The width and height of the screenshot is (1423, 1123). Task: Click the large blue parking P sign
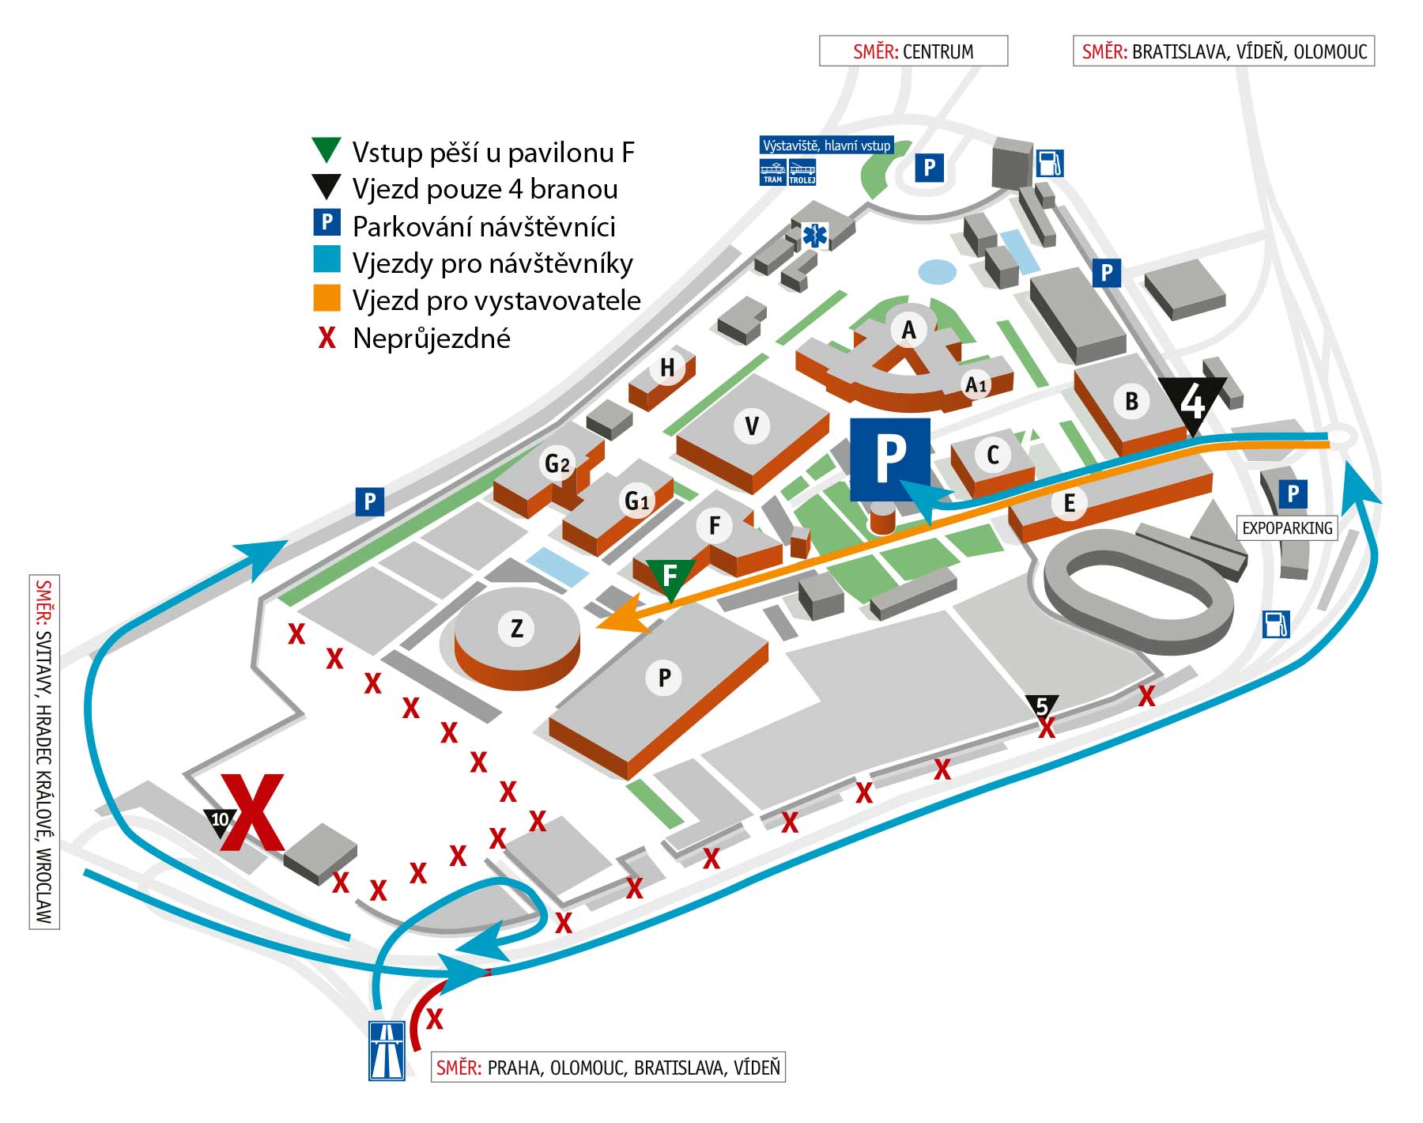(890, 459)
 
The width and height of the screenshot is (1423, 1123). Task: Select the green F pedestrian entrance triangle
(670, 577)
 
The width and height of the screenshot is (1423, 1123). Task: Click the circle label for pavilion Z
(516, 629)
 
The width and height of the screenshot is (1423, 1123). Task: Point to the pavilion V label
(752, 426)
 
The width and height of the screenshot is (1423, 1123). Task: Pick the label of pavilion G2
(557, 463)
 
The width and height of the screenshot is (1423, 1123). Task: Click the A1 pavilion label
(977, 385)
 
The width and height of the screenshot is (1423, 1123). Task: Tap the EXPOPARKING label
(1287, 528)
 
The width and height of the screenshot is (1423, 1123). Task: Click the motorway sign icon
(387, 1051)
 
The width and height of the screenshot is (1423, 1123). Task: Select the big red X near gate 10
(251, 812)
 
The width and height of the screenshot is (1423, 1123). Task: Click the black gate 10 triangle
(220, 822)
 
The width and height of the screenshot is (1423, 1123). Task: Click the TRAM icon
(772, 172)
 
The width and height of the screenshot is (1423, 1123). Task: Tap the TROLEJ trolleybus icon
(802, 172)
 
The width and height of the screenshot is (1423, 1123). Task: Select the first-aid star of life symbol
(814, 235)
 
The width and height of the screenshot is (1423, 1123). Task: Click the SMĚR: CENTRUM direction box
(913, 51)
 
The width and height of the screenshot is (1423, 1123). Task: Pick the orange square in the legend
(326, 298)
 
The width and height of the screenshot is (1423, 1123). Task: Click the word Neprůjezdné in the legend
(432, 338)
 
